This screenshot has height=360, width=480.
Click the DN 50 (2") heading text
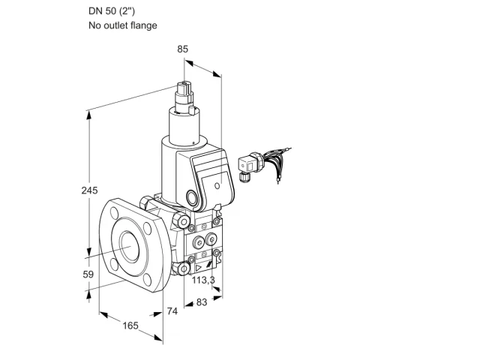[x=112, y=11]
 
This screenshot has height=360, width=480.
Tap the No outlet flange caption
[x=123, y=25]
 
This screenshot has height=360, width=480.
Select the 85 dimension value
[x=183, y=49]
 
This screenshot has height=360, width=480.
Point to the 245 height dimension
[x=89, y=190]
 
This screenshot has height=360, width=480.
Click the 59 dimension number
[x=88, y=274]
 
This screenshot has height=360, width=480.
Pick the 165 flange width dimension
[x=130, y=325]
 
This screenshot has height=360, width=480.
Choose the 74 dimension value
[x=172, y=311]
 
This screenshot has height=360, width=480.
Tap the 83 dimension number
[x=202, y=302]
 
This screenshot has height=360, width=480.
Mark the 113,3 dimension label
[x=203, y=280]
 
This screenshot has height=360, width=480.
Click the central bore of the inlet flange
[x=130, y=247]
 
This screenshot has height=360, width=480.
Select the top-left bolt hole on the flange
[x=115, y=211]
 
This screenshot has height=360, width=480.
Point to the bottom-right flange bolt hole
[x=148, y=280]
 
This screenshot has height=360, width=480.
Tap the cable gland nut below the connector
[x=244, y=177]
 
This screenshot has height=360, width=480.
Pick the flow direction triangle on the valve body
[x=198, y=268]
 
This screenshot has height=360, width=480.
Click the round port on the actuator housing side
[x=193, y=197]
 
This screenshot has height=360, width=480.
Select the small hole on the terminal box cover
[x=217, y=185]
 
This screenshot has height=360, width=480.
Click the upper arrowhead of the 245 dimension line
[x=89, y=115]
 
